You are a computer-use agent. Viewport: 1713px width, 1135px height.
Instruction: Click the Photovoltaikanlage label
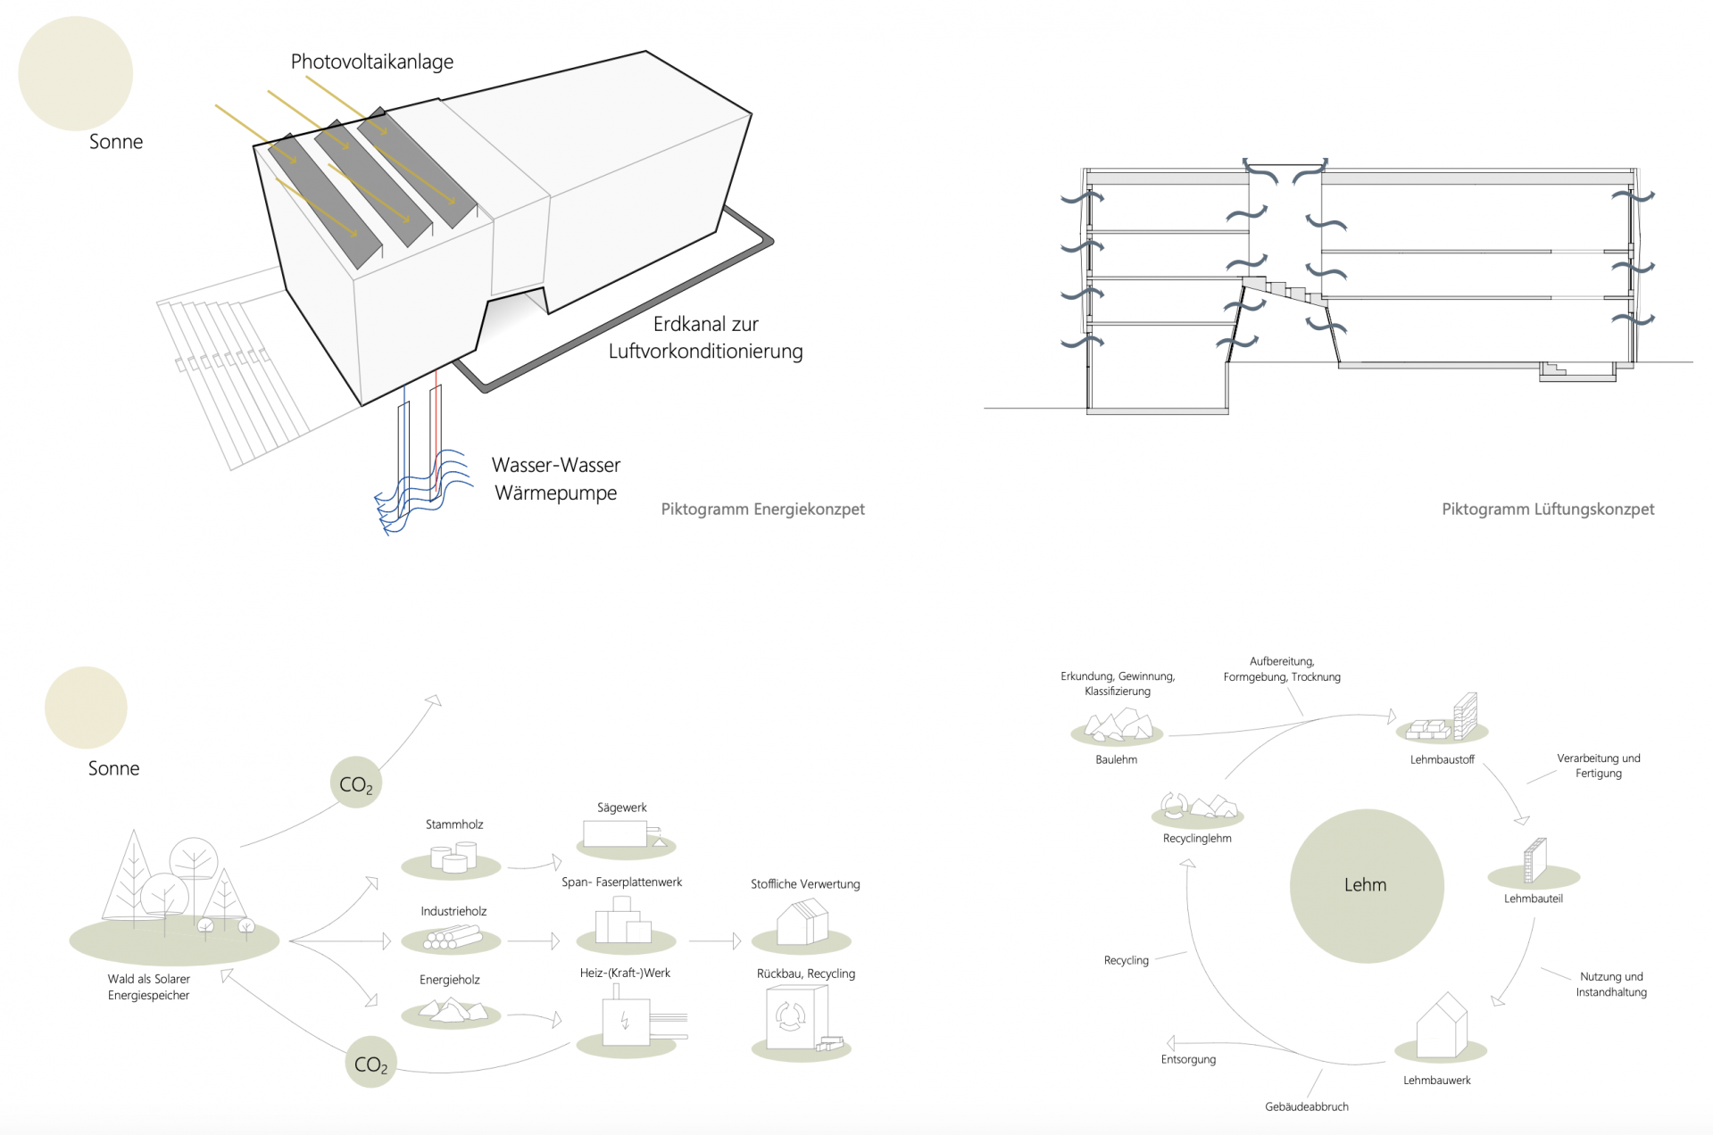click(x=371, y=62)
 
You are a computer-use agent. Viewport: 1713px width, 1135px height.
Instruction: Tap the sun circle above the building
click(x=75, y=73)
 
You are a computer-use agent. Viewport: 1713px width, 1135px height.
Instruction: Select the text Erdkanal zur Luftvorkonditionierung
click(x=705, y=337)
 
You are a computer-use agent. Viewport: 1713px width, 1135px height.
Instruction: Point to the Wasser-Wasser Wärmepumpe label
click(x=556, y=478)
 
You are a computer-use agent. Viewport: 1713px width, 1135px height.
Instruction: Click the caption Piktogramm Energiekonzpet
click(x=762, y=510)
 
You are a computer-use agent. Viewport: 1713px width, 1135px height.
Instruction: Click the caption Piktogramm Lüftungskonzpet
click(x=1547, y=510)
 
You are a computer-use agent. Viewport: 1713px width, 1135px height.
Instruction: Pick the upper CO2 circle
click(x=356, y=783)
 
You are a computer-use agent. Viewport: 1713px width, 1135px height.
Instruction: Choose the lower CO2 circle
click(x=370, y=1063)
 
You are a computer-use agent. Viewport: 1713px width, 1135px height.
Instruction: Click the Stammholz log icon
click(x=452, y=858)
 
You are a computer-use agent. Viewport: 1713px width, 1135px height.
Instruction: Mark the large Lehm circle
click(x=1366, y=885)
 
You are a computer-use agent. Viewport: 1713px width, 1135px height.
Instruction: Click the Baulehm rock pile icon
click(x=1116, y=725)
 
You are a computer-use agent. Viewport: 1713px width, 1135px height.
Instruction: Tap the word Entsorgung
click(x=1188, y=1059)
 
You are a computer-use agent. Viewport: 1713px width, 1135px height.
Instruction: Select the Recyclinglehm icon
click(x=1198, y=807)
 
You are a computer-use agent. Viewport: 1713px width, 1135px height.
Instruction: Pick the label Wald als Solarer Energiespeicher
click(x=148, y=987)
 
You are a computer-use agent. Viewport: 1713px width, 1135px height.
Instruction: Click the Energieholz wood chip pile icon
click(x=452, y=1010)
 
